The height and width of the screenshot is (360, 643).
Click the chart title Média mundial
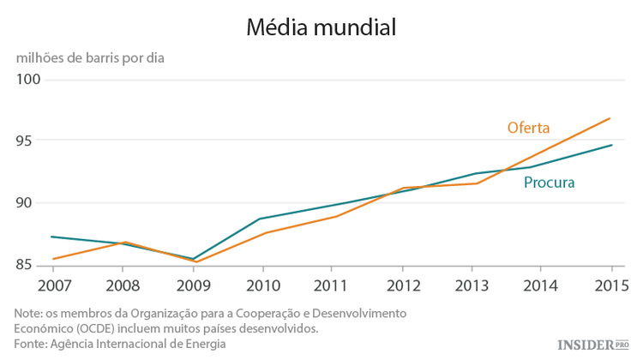pyautogui.click(x=321, y=27)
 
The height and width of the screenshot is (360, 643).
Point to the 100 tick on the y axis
pyautogui.click(x=30, y=80)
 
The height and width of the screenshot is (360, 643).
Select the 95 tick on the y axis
pyautogui.click(x=30, y=141)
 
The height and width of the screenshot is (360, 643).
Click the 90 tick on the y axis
pyautogui.click(x=30, y=203)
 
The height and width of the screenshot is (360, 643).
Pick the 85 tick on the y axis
pyautogui.click(x=30, y=265)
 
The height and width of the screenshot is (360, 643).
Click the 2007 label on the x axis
pyautogui.click(x=53, y=285)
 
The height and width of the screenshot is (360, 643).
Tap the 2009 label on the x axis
pyautogui.click(x=194, y=285)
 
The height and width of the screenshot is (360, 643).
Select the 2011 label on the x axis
pyautogui.click(x=334, y=285)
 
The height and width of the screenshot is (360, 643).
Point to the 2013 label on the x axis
pyautogui.click(x=473, y=285)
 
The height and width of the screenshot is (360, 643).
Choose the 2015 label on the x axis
pyautogui.click(x=610, y=285)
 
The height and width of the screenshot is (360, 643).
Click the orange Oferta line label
pyautogui.click(x=528, y=129)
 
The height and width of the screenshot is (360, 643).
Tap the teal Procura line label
pyautogui.click(x=549, y=183)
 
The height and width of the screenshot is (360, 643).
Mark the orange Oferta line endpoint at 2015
pyautogui.click(x=610, y=118)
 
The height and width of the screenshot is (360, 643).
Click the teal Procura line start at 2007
pyautogui.click(x=53, y=237)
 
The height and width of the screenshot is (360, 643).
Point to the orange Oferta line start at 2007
pyautogui.click(x=53, y=259)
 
